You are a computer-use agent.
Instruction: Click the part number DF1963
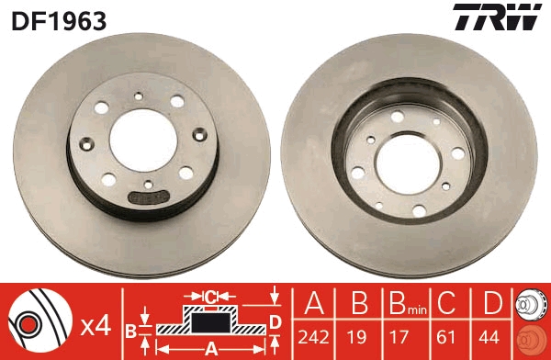pos(59,21)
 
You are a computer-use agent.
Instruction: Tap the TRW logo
pos(497,17)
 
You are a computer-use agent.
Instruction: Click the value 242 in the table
pos(313,338)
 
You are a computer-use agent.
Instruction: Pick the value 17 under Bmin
pos(399,338)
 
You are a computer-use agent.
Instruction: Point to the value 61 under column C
pos(446,338)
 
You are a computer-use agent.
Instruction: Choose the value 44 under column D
pos(489,338)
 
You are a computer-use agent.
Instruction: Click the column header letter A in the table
pos(314,303)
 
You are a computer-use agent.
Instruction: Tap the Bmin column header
pos(408,304)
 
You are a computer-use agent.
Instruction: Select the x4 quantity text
pos(96,327)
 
